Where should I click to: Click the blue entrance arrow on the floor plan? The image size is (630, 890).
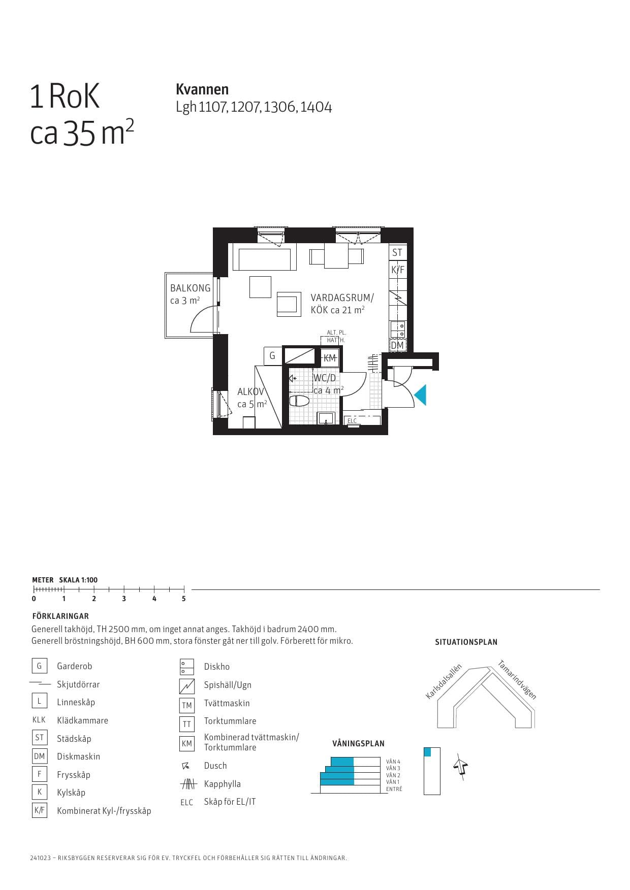coord(421,395)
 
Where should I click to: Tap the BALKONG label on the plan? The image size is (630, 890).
coord(190,288)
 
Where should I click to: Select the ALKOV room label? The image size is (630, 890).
coord(250,392)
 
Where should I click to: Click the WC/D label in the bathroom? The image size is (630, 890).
coord(325,378)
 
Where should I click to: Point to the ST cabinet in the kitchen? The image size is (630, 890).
coord(397,252)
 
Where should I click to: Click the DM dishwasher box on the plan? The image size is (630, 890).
coord(397,346)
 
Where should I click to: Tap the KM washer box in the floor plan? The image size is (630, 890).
coord(330,358)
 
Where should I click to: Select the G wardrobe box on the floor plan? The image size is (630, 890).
coord(272,356)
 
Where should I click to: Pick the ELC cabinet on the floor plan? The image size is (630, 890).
coord(352,421)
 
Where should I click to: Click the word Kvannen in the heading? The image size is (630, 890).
coord(202,89)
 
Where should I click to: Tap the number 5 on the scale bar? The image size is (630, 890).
coord(184,599)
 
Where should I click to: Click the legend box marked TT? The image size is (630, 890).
coord(187,724)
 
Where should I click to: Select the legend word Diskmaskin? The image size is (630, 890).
coord(78,756)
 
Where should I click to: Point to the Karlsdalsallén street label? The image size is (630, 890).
coord(444,681)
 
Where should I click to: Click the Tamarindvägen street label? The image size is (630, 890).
coord(517,679)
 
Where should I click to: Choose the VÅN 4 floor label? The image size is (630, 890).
coord(393,762)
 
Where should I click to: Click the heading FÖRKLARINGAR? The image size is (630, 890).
coord(60,616)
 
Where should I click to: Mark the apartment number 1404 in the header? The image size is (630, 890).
coord(316,107)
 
